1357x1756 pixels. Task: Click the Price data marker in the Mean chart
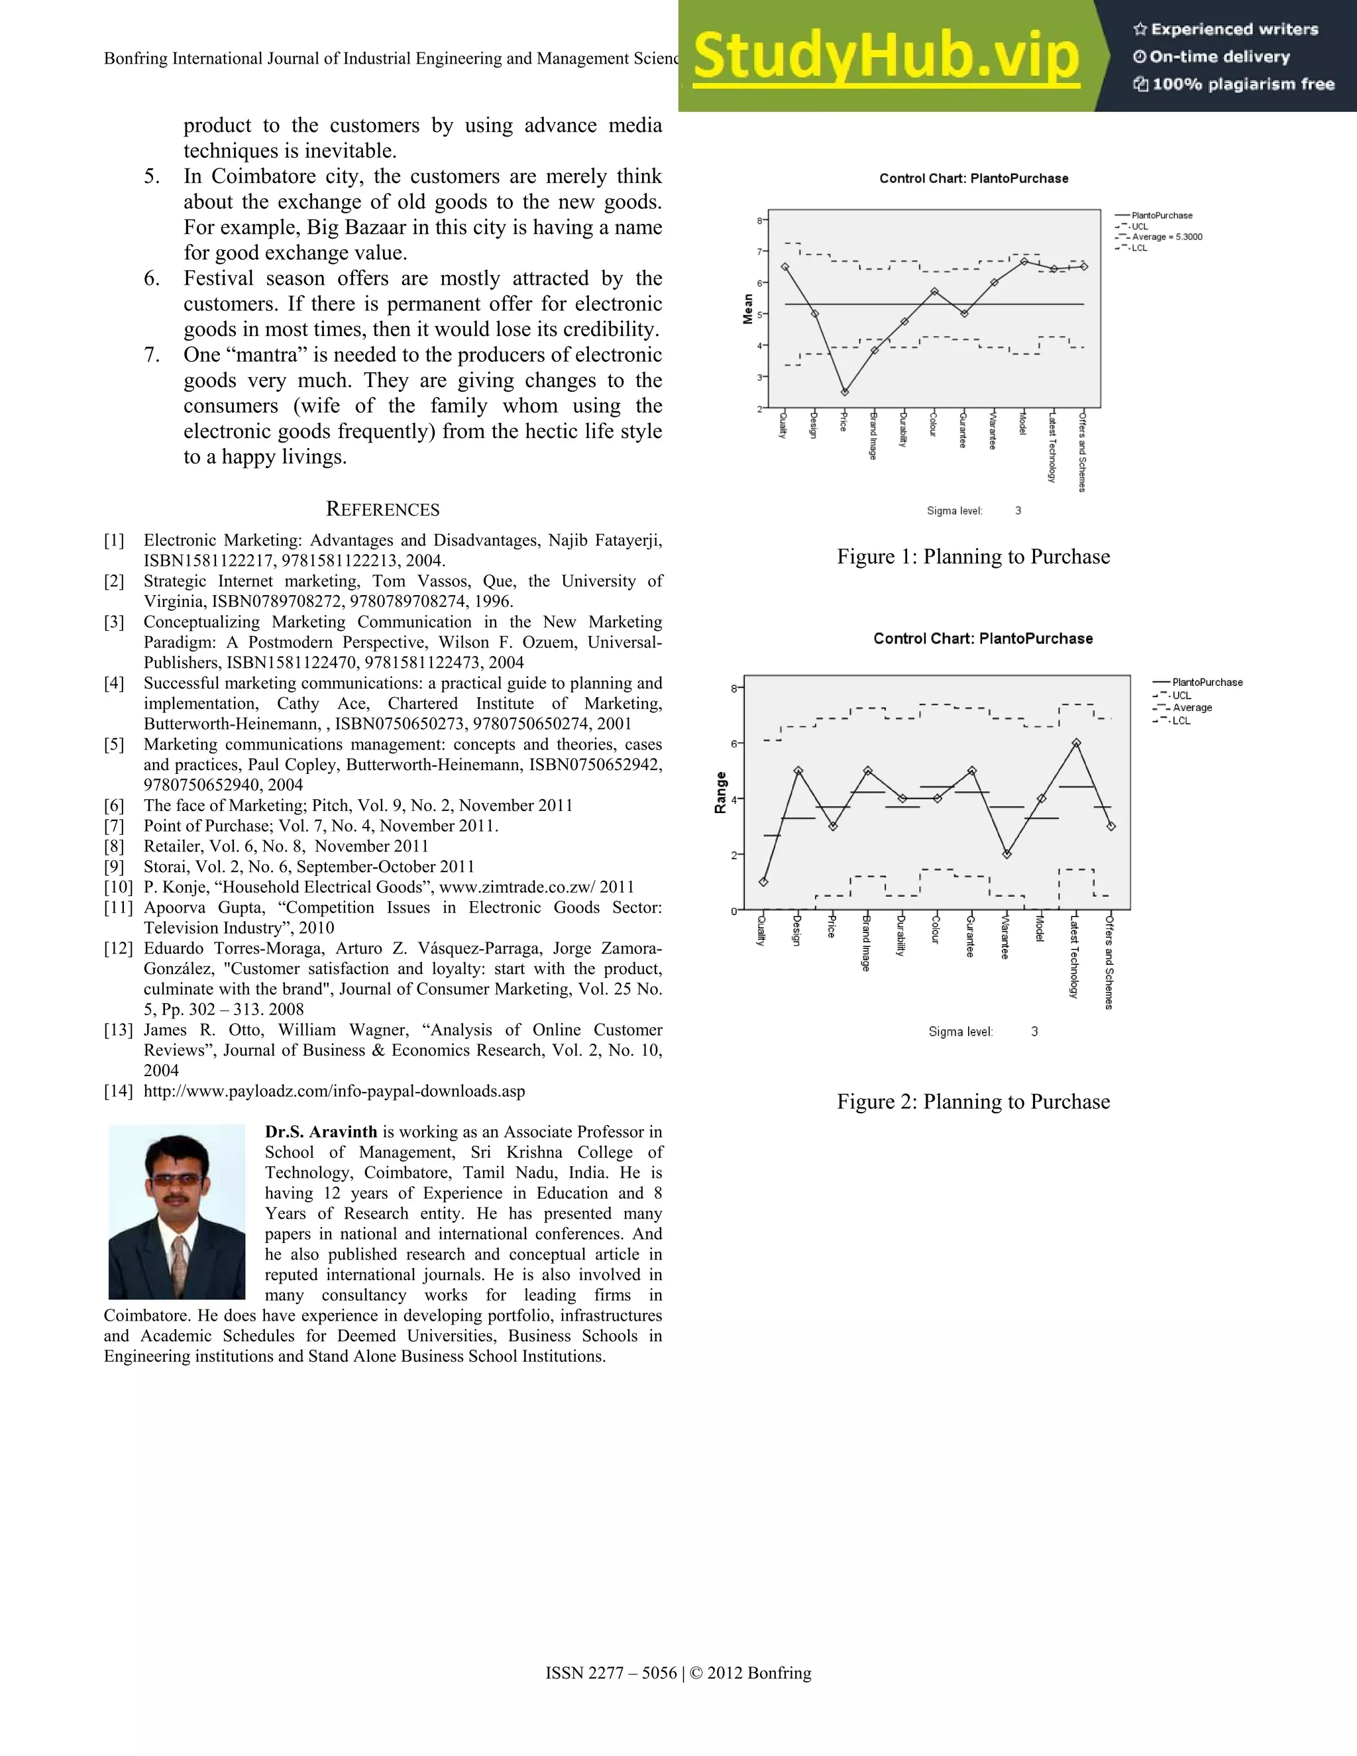[844, 392]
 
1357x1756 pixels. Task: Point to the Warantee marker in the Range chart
[1006, 854]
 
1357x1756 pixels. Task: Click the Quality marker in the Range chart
[763, 882]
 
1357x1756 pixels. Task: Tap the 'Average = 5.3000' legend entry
[1166, 237]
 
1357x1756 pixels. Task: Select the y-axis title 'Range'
[720, 793]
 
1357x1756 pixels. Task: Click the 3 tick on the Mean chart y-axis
[760, 377]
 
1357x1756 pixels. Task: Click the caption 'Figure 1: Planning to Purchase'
[973, 557]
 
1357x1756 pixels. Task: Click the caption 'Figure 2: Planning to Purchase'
[973, 1101]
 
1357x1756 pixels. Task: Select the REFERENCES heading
[383, 510]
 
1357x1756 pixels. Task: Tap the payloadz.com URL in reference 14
[334, 1091]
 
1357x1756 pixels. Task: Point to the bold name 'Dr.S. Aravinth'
[321, 1132]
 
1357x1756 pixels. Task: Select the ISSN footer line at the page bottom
[678, 1673]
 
